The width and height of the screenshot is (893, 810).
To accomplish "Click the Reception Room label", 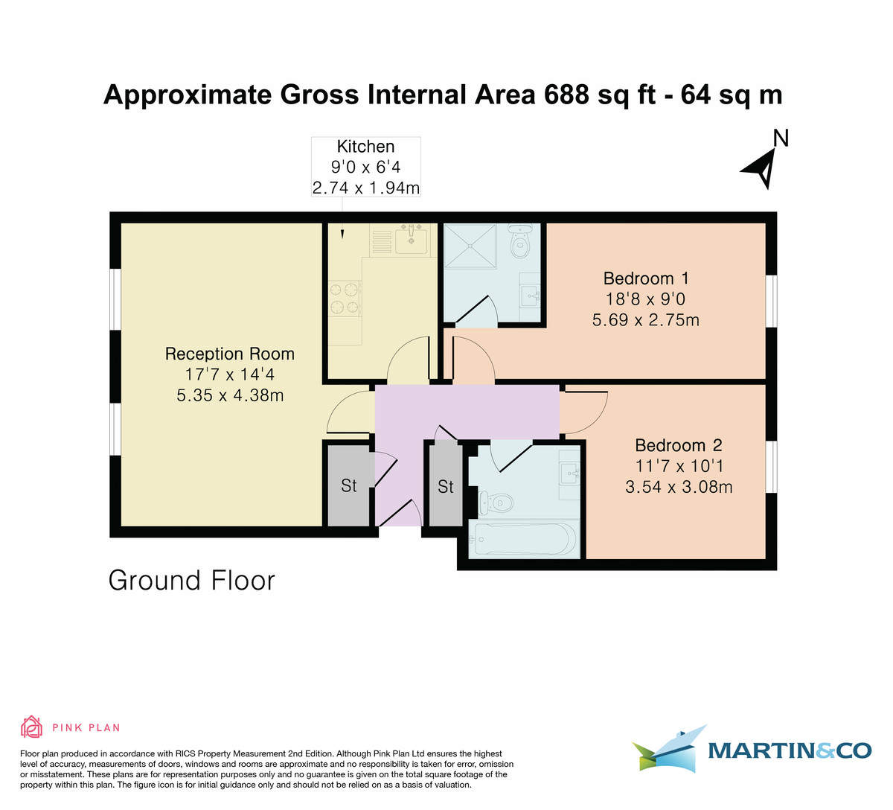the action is [230, 354].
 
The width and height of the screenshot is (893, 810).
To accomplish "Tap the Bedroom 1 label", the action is [646, 278].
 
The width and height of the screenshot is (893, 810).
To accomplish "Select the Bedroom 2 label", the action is [679, 445].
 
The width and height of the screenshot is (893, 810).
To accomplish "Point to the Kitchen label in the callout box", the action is [365, 146].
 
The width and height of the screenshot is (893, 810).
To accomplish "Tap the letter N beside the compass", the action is [781, 138].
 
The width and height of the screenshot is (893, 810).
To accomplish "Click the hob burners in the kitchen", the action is [345, 299].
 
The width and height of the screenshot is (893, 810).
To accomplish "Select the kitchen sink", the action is [411, 239].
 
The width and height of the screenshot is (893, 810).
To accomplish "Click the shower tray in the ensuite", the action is [470, 246].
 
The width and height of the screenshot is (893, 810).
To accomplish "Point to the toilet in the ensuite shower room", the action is [520, 240].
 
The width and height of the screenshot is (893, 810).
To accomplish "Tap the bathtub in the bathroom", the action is [524, 539].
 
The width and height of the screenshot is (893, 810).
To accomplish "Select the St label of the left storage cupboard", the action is [348, 485].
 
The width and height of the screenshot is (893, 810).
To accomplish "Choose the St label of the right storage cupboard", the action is [445, 487].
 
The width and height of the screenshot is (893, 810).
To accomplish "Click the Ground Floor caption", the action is [192, 581].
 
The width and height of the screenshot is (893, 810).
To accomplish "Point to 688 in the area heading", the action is [566, 95].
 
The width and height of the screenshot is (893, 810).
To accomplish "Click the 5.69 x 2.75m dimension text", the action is [645, 320].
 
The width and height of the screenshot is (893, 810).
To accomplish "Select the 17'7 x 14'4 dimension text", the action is [229, 374].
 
